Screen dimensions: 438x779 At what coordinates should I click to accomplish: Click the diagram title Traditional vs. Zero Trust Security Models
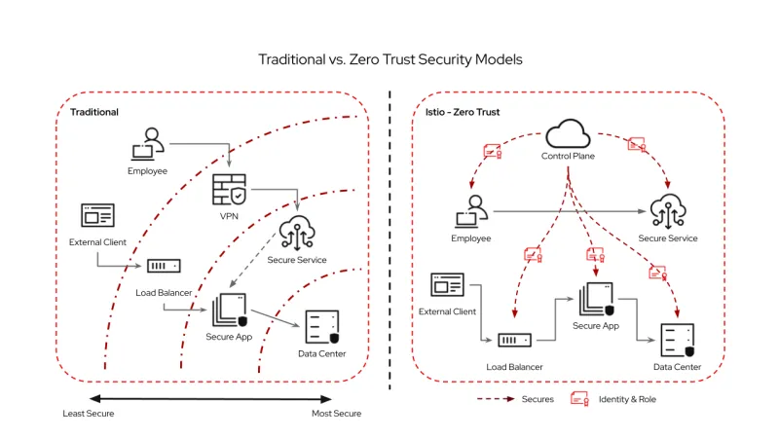pos(389,59)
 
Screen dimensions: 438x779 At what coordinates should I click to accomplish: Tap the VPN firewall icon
pos(230,189)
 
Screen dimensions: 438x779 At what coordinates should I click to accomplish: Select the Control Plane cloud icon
pos(568,133)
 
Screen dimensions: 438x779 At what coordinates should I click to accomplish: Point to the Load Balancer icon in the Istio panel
pos(513,341)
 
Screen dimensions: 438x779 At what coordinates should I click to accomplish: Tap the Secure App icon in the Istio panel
pos(596,298)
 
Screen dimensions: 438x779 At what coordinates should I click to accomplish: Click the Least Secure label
pos(89,414)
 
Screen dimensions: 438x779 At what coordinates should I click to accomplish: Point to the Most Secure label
pos(337,414)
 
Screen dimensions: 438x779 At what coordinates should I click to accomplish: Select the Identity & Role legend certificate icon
pos(580,399)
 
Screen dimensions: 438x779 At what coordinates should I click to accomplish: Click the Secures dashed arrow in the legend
pos(496,399)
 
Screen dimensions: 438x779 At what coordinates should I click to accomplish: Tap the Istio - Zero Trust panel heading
pos(463,113)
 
